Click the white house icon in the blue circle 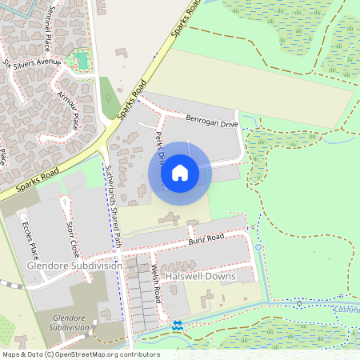pyautogui.click(x=180, y=172)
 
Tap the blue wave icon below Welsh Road pyautogui.click(x=177, y=325)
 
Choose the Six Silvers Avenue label pyautogui.click(x=32, y=62)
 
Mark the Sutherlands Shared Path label pyautogui.click(x=111, y=205)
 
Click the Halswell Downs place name pyautogui.click(x=199, y=276)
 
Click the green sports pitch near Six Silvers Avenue pyautogui.click(x=81, y=59)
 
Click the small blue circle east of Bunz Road pyautogui.click(x=258, y=247)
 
